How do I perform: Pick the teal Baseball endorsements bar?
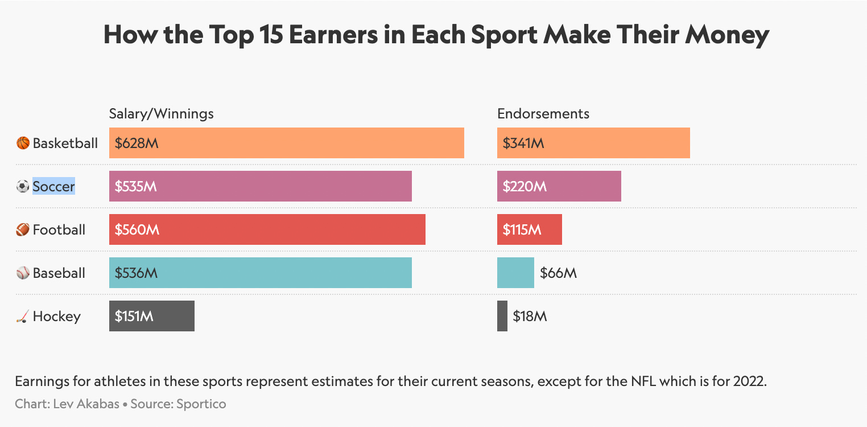click(515, 273)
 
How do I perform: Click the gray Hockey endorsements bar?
click(502, 316)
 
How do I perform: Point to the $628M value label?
click(137, 143)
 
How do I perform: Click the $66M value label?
click(558, 273)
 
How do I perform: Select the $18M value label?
click(530, 317)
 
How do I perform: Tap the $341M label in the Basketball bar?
click(523, 143)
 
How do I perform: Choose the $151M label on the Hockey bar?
click(134, 316)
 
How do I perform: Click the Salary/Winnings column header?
click(162, 113)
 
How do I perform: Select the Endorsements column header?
click(543, 113)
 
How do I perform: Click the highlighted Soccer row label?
click(53, 186)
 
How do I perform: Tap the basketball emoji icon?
click(23, 143)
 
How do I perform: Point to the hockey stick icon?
click(22, 317)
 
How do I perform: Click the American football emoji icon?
click(23, 229)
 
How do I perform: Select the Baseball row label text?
click(59, 273)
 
